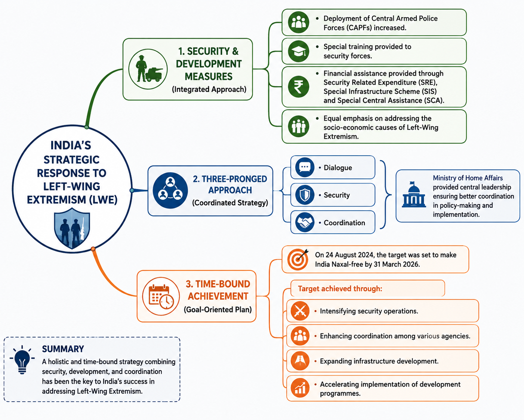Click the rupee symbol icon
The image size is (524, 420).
point(299,87)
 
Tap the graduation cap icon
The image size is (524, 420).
point(299,51)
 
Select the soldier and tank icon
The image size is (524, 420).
point(148,69)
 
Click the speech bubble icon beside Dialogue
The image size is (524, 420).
point(305,167)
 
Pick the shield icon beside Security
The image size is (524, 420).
point(305,195)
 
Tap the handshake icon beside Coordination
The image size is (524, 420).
point(305,222)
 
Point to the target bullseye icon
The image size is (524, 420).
point(298,259)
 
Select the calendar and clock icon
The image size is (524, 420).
point(161,296)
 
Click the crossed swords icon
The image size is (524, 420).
point(300,311)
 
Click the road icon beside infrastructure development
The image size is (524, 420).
point(300,361)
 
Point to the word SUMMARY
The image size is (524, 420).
point(63,349)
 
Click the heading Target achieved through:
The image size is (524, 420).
point(340,289)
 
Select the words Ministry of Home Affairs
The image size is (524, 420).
point(468,178)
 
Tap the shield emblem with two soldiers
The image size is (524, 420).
point(72,228)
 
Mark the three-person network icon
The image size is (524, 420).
point(170,191)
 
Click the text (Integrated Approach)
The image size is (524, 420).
point(209,89)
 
